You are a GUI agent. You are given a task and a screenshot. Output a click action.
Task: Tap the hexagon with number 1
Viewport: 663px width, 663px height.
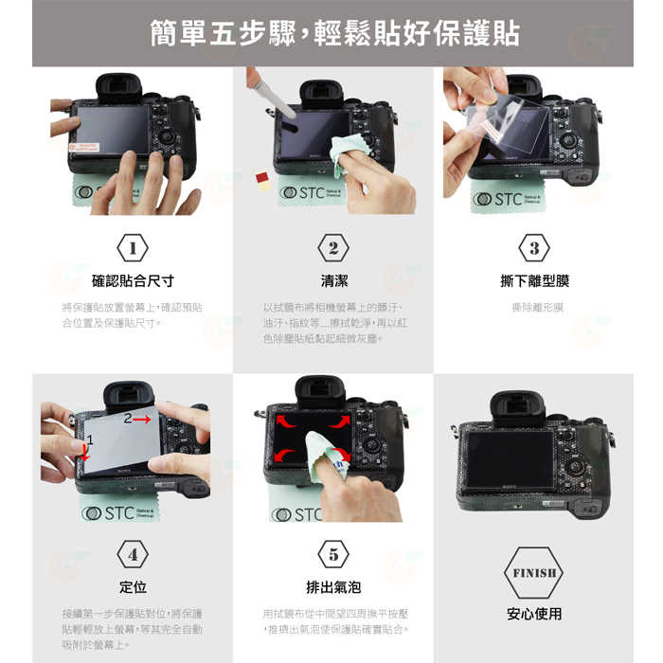tap(133, 248)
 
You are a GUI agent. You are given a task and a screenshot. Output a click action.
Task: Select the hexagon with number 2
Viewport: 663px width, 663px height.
tap(333, 248)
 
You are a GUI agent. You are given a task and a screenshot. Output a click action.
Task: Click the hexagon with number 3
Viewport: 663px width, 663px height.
tap(534, 248)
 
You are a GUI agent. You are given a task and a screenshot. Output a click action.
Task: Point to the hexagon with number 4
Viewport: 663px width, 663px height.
tap(133, 554)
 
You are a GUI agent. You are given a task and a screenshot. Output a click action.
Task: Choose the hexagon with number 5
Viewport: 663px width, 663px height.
tap(333, 554)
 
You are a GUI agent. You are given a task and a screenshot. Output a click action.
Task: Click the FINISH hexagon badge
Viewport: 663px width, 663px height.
tap(534, 573)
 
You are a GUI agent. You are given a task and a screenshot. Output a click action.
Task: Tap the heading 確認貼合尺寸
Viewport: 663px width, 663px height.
tap(133, 281)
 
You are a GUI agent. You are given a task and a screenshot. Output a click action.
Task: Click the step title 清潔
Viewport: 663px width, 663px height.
tap(333, 281)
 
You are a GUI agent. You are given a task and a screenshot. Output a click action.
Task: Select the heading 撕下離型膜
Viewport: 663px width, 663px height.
tap(534, 281)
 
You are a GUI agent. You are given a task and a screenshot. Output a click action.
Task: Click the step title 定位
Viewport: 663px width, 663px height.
tap(133, 587)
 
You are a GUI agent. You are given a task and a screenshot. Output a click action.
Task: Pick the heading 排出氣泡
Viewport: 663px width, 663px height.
tap(333, 587)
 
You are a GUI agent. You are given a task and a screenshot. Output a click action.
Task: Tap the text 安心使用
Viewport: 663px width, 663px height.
tap(534, 614)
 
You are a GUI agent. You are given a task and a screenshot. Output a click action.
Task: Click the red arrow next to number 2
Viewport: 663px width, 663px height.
tap(142, 418)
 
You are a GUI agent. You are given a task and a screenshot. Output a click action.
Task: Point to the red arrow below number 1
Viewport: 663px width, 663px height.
tap(86, 453)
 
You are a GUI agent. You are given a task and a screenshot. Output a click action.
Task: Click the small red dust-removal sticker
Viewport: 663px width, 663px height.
tap(261, 177)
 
